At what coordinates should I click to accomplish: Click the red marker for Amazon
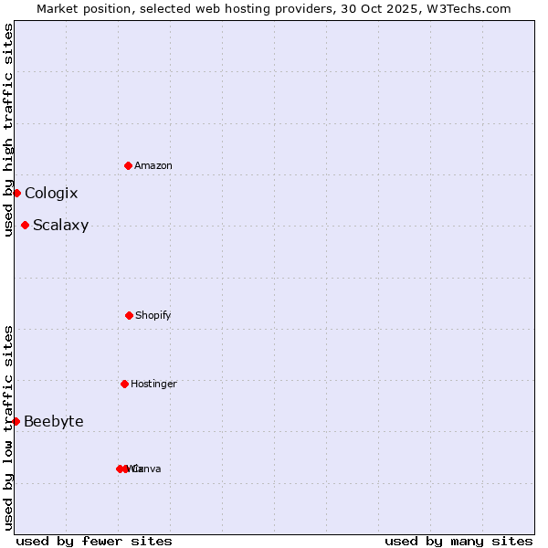click(x=128, y=165)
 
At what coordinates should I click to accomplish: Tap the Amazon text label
click(x=153, y=165)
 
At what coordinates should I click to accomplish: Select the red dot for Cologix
click(x=16, y=193)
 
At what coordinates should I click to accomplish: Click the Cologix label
click(x=51, y=194)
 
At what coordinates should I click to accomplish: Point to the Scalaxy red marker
click(x=25, y=225)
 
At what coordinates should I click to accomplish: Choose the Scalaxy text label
click(x=60, y=226)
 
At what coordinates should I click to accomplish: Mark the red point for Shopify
click(x=129, y=315)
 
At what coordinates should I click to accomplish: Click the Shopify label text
click(x=153, y=315)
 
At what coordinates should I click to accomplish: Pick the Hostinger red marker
click(x=124, y=384)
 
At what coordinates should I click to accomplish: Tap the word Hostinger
click(x=153, y=384)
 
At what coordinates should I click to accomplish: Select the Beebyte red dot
click(x=16, y=421)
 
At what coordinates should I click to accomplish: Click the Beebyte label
click(x=54, y=421)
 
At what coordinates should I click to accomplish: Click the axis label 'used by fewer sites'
click(x=94, y=541)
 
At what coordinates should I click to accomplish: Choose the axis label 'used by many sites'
click(x=458, y=541)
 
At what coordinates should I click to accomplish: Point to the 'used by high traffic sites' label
click(x=8, y=130)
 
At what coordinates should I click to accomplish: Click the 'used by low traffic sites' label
click(x=8, y=427)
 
